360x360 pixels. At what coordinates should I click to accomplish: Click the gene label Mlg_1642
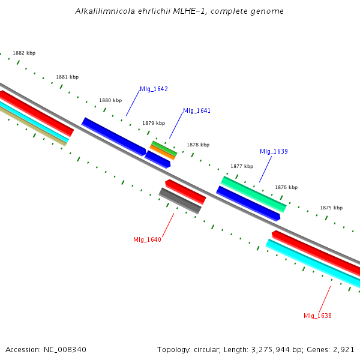click(154, 89)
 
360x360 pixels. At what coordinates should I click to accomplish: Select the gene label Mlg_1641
click(197, 111)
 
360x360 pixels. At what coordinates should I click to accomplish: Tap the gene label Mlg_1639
click(274, 151)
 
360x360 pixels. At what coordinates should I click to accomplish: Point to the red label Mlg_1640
click(147, 240)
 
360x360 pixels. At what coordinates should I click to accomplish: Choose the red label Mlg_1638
click(317, 316)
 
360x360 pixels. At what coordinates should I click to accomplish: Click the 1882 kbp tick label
click(24, 53)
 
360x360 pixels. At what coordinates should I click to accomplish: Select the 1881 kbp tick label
click(67, 77)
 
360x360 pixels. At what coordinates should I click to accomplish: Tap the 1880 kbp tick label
click(110, 100)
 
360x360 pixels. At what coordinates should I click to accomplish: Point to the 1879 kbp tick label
click(154, 123)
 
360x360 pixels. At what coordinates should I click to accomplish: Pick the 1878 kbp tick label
click(198, 145)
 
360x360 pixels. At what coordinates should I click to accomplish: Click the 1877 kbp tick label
click(242, 166)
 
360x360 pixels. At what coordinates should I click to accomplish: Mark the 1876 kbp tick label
click(286, 187)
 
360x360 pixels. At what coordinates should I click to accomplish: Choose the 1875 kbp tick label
click(331, 208)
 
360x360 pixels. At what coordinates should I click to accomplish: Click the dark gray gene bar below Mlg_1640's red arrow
click(180, 200)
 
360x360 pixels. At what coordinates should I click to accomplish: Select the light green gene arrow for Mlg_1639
click(253, 194)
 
